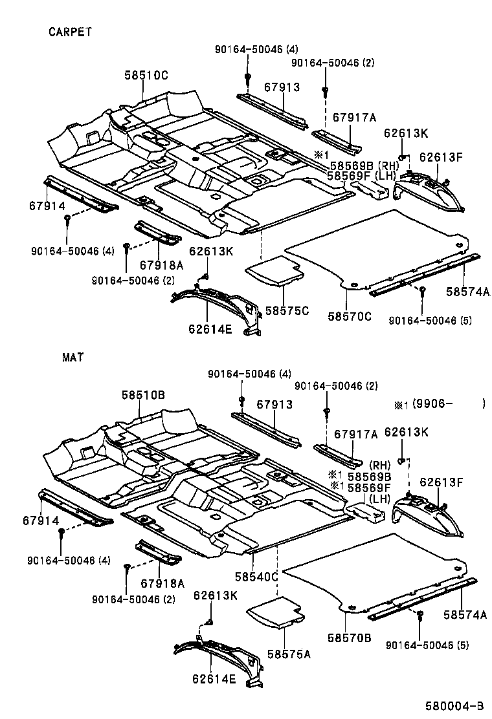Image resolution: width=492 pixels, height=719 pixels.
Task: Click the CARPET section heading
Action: tap(71, 31)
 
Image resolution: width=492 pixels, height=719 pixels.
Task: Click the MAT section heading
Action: tap(73, 356)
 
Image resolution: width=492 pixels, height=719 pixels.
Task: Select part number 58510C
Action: tap(146, 76)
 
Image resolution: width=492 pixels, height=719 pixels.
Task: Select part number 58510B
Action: tap(143, 394)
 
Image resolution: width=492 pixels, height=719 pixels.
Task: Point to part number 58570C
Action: tap(350, 316)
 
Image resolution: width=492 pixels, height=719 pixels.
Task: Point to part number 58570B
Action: tap(349, 638)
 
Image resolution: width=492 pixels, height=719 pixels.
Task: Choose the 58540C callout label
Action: tap(256, 575)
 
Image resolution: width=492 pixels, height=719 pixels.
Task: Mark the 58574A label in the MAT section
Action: tap(465, 615)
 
